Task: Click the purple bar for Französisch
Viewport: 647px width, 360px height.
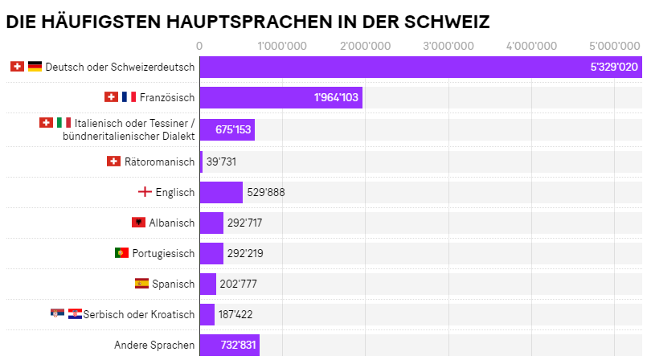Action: pos(281,97)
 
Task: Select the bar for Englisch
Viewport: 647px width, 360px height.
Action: pos(221,192)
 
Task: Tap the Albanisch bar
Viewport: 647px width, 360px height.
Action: pos(211,223)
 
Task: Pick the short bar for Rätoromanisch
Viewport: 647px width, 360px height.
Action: pos(201,162)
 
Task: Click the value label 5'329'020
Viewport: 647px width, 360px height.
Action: pos(613,67)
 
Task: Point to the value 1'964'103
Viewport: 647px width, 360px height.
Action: pos(337,97)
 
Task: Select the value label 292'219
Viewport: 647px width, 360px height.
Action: pos(245,253)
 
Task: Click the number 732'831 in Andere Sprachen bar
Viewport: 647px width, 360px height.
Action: pos(238,345)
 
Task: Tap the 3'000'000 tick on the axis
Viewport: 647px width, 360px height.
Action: pos(448,45)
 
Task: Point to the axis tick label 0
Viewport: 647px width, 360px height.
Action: pos(199,45)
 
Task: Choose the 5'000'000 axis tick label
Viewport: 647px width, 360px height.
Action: pos(614,45)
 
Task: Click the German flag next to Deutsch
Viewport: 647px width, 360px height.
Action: pos(35,67)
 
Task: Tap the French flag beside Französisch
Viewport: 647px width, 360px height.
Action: pos(129,97)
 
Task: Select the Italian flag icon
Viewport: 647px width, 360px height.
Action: pos(63,123)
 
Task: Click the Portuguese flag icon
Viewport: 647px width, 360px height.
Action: pos(121,253)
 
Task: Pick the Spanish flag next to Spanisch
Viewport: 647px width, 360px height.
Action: pos(141,284)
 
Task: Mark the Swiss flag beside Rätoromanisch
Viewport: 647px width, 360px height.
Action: pos(113,162)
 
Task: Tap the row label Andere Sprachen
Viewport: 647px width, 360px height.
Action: pos(154,346)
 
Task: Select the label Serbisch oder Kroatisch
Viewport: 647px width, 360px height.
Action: pos(138,314)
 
